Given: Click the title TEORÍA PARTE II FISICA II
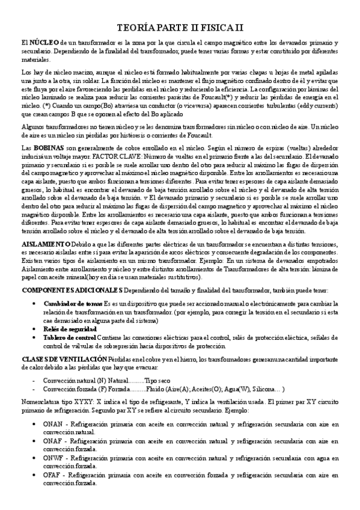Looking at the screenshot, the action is pos(180,28).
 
